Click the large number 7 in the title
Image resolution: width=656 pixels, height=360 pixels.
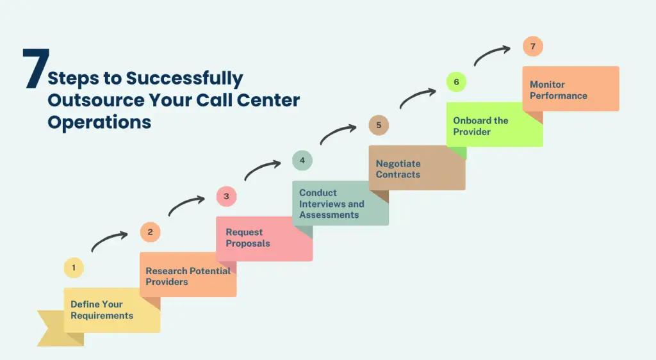point(36,69)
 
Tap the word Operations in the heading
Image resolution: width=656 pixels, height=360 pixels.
point(99,122)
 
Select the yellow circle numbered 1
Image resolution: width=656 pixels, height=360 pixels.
point(74,268)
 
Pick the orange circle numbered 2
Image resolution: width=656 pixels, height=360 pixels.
point(150,232)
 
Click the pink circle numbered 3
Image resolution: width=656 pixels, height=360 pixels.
point(226,196)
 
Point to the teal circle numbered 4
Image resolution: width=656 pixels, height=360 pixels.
point(302,160)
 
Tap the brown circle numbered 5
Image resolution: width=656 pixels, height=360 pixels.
point(379,125)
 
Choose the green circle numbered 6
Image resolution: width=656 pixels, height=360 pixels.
point(456,82)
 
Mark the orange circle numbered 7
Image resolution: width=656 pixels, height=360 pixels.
point(532,46)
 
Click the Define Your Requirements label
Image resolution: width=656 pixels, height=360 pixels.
point(102,310)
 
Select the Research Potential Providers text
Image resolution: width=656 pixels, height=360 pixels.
point(188,276)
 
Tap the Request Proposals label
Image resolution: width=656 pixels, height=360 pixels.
point(248,238)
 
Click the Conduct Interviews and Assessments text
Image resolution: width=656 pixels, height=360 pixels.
point(331,204)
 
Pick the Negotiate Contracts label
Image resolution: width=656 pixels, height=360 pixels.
point(398,169)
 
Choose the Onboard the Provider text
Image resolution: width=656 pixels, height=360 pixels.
point(480,126)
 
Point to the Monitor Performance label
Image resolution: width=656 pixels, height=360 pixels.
point(558,90)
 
